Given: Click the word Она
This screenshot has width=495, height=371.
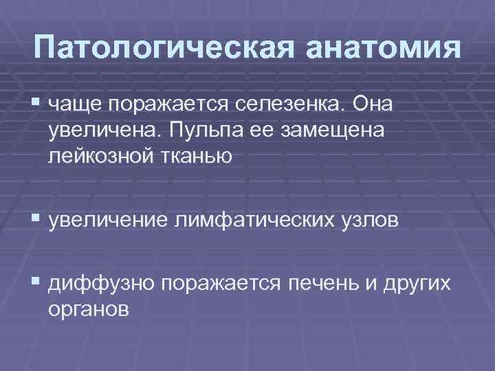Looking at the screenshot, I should coord(376,104).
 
